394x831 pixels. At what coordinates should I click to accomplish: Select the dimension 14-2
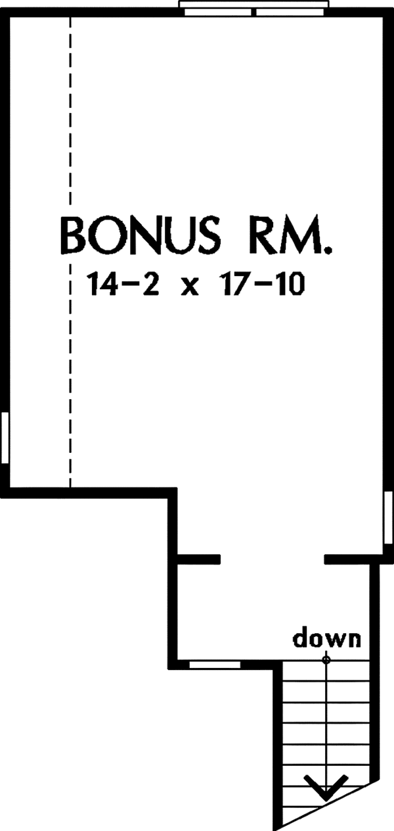[x=122, y=285]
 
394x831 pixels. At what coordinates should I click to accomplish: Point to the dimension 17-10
[x=263, y=285]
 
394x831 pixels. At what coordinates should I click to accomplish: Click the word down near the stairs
[x=326, y=638]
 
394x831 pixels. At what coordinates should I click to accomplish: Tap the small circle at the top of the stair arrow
[x=326, y=659]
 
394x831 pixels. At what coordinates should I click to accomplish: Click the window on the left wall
[x=5, y=437]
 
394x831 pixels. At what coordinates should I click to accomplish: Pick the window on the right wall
[x=389, y=518]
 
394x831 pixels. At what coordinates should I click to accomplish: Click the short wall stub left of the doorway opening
[x=199, y=559]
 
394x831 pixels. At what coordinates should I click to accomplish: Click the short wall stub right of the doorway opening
[x=347, y=559]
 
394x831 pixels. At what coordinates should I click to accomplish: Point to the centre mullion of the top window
[x=253, y=12]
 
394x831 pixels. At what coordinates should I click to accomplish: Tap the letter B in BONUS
[x=74, y=236]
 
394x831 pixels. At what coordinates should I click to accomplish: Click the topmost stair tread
[x=326, y=681]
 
